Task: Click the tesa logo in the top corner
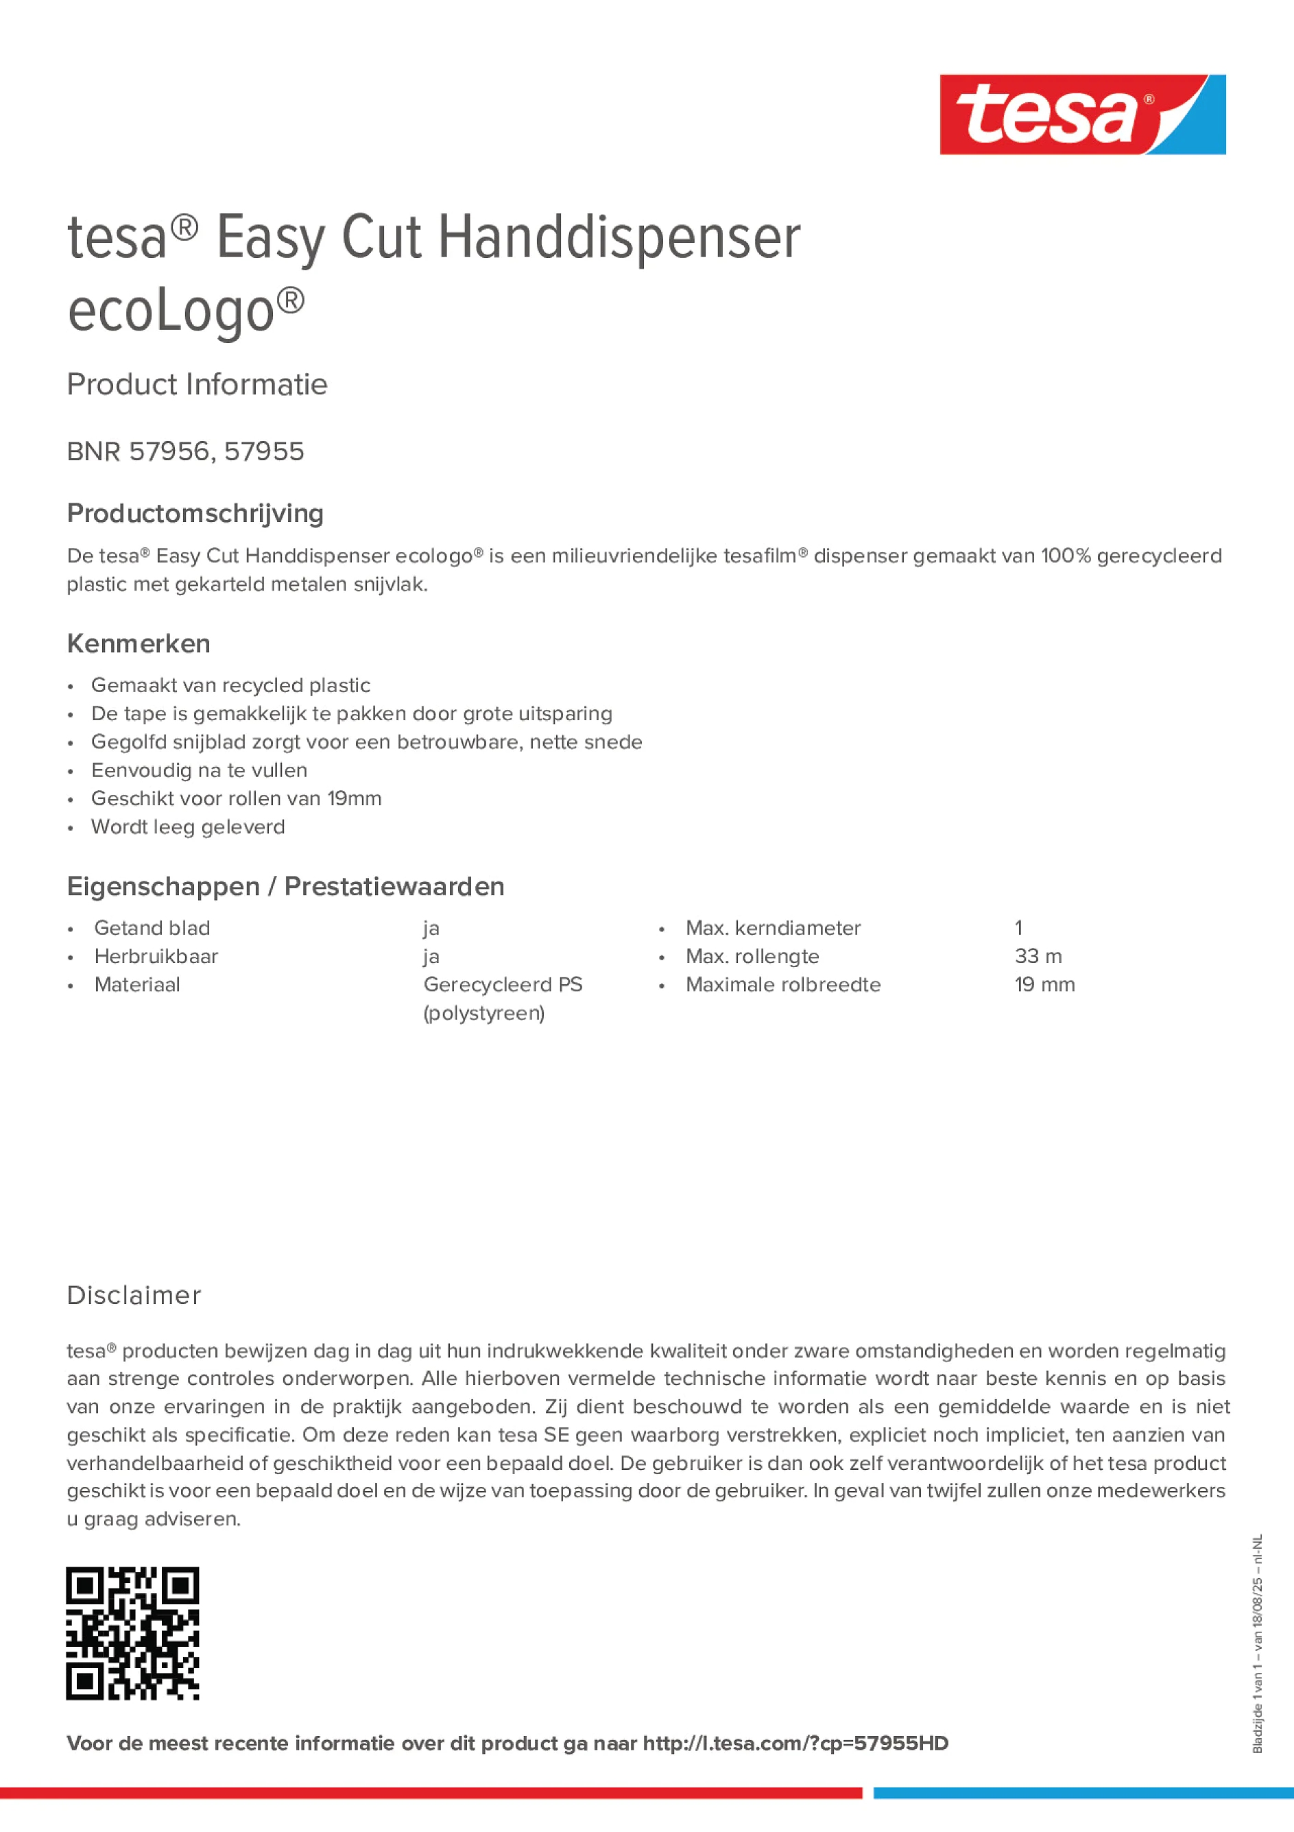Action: (x=1082, y=115)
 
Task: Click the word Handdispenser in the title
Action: (x=619, y=238)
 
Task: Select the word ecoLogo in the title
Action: (x=171, y=311)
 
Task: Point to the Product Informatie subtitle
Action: (x=197, y=385)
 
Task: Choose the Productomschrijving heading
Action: (x=195, y=513)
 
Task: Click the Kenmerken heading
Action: (x=139, y=643)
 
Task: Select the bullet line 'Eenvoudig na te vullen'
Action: (x=199, y=770)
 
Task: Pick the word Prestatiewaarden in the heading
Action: (x=394, y=886)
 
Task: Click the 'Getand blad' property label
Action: (x=152, y=928)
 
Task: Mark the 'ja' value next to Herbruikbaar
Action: (x=431, y=957)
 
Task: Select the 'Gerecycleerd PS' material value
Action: (x=503, y=985)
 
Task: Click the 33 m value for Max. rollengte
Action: (x=1038, y=956)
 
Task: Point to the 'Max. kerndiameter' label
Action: (x=773, y=928)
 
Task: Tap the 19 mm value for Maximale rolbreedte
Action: (x=1044, y=985)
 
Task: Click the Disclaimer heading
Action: (x=134, y=1295)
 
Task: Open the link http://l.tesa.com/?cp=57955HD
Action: (x=795, y=1743)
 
